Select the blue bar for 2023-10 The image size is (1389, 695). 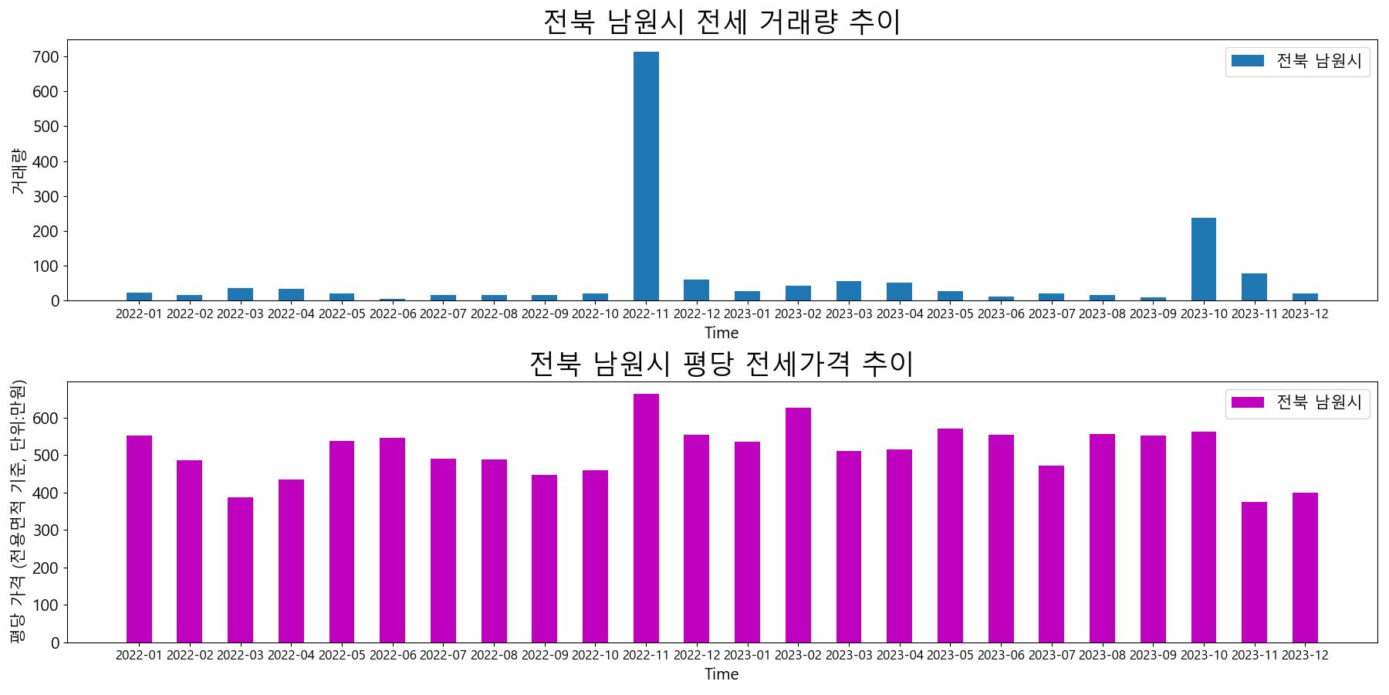(x=1203, y=259)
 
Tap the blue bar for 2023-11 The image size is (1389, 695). (x=1254, y=287)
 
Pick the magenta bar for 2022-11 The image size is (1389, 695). (x=646, y=518)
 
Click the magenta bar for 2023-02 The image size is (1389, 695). (x=798, y=525)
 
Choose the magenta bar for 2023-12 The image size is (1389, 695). (x=1305, y=568)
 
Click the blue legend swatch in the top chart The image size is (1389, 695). (x=1247, y=61)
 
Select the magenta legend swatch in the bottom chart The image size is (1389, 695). (x=1247, y=402)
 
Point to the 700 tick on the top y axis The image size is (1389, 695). (x=46, y=57)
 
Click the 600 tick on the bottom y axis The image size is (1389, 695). (x=46, y=419)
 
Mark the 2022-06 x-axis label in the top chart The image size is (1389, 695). (x=392, y=314)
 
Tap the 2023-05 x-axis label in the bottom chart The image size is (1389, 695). (x=950, y=655)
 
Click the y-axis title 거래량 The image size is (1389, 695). (x=19, y=171)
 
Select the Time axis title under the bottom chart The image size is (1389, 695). (x=722, y=674)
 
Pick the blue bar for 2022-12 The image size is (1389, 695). (x=696, y=290)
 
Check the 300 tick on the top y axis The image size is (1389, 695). (x=46, y=197)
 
